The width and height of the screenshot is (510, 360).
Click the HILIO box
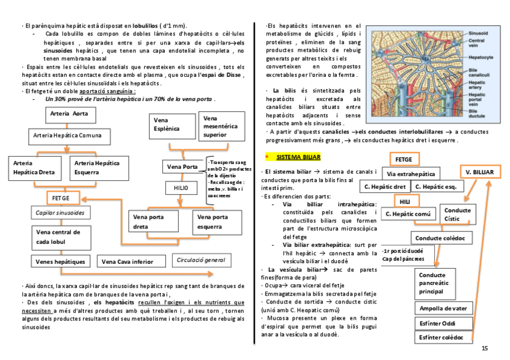click(181, 189)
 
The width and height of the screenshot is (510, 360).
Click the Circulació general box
click(201, 260)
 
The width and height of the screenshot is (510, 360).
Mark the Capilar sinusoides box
click(60, 213)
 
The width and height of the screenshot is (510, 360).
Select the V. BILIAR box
click(479, 172)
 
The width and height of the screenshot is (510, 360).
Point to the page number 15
click(485, 349)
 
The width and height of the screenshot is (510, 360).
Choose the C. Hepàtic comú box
click(408, 213)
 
